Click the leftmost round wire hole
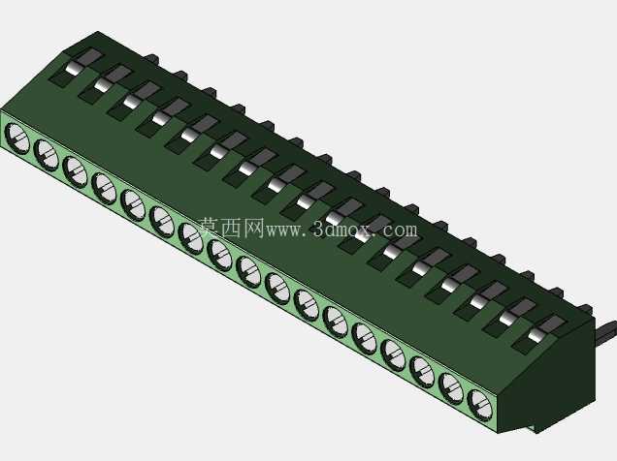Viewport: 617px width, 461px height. point(16,138)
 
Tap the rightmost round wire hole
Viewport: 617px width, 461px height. point(480,405)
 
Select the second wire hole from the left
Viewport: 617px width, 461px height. point(46,154)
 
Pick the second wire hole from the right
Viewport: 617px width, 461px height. point(451,387)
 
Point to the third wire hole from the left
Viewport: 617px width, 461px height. point(75,171)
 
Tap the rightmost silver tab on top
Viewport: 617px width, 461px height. point(537,335)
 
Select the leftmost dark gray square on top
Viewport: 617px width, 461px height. point(89,57)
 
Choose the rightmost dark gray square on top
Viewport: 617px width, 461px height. point(552,323)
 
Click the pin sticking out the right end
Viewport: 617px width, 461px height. point(606,330)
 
